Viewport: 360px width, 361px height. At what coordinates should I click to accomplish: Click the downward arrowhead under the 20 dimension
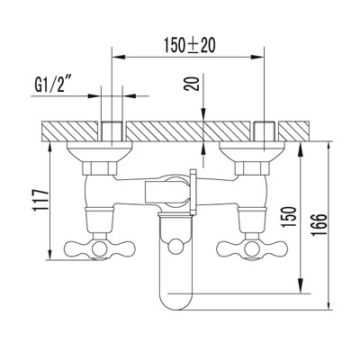(205, 112)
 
